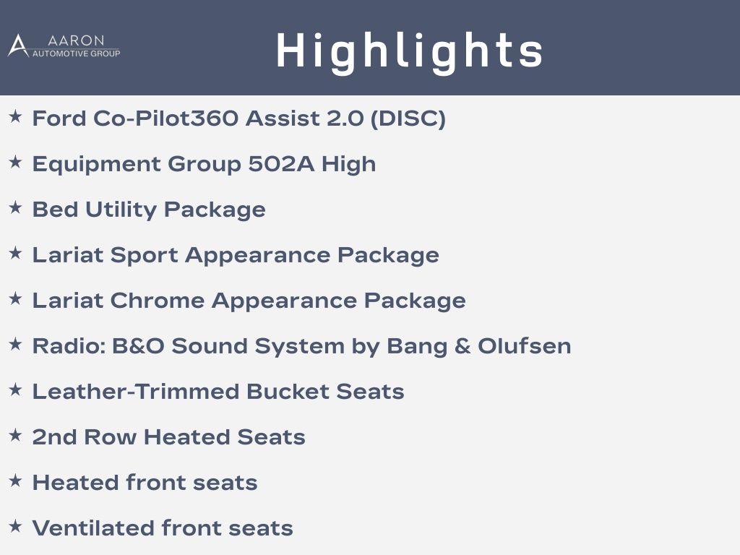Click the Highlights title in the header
409,52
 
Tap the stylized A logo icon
18,46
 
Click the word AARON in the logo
76,40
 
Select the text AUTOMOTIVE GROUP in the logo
76,53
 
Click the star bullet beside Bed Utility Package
16,207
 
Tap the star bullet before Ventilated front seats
16,526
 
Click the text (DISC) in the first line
408,119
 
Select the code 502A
281,164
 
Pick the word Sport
145,256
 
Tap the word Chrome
158,301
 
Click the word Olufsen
525,346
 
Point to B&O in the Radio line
138,346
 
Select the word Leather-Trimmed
135,392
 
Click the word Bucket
288,392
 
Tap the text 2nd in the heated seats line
54,437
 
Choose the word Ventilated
93,528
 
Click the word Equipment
97,165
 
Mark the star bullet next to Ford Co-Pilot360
16,116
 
